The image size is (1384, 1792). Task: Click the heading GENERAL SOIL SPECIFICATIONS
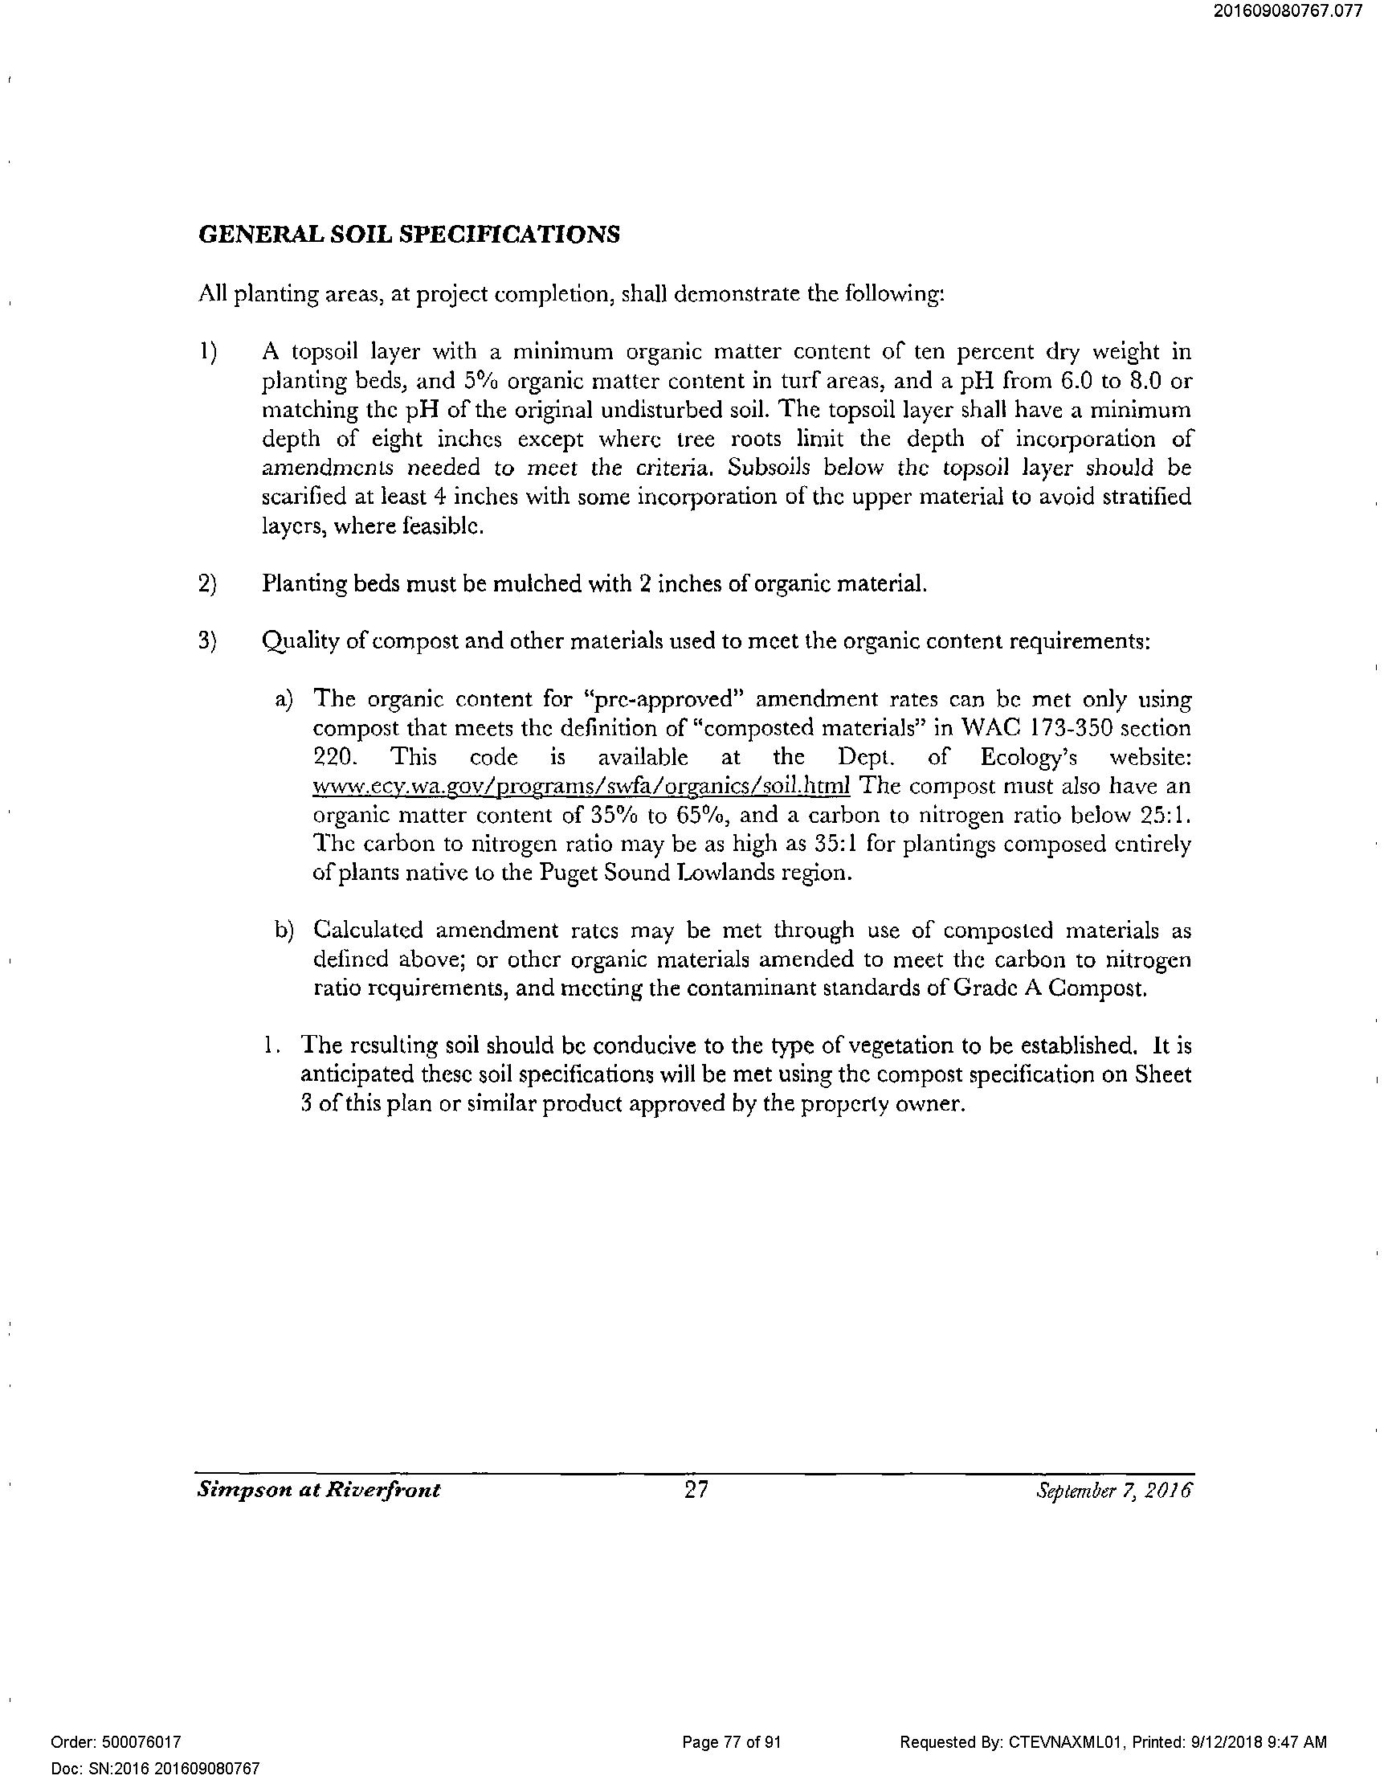pyautogui.click(x=409, y=235)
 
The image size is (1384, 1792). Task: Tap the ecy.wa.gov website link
pyautogui.click(x=582, y=786)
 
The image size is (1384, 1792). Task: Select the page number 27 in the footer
pyautogui.click(x=696, y=1489)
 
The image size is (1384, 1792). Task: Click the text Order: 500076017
pyautogui.click(x=116, y=1742)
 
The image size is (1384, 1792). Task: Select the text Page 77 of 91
pyautogui.click(x=731, y=1742)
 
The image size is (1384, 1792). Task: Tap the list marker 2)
pyautogui.click(x=207, y=583)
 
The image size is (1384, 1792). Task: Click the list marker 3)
pyautogui.click(x=207, y=640)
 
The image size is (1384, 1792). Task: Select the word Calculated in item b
pyautogui.click(x=369, y=931)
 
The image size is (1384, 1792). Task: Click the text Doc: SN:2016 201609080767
pyautogui.click(x=155, y=1768)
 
